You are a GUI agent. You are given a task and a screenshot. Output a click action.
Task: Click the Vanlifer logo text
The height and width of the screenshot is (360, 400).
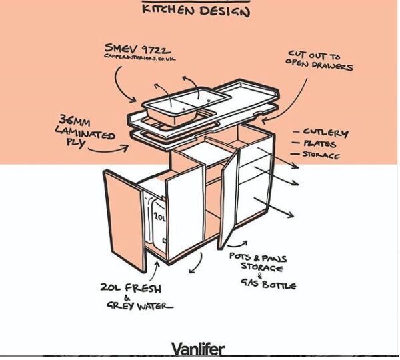click(198, 349)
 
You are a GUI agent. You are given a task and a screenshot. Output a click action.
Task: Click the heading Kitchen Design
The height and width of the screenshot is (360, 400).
click(197, 10)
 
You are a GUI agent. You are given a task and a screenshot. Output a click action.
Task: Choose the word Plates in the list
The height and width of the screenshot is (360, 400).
click(320, 144)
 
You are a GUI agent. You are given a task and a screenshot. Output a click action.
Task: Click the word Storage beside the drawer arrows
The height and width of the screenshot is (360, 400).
click(321, 156)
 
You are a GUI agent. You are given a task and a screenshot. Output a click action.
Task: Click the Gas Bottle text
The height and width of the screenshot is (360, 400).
click(269, 285)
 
